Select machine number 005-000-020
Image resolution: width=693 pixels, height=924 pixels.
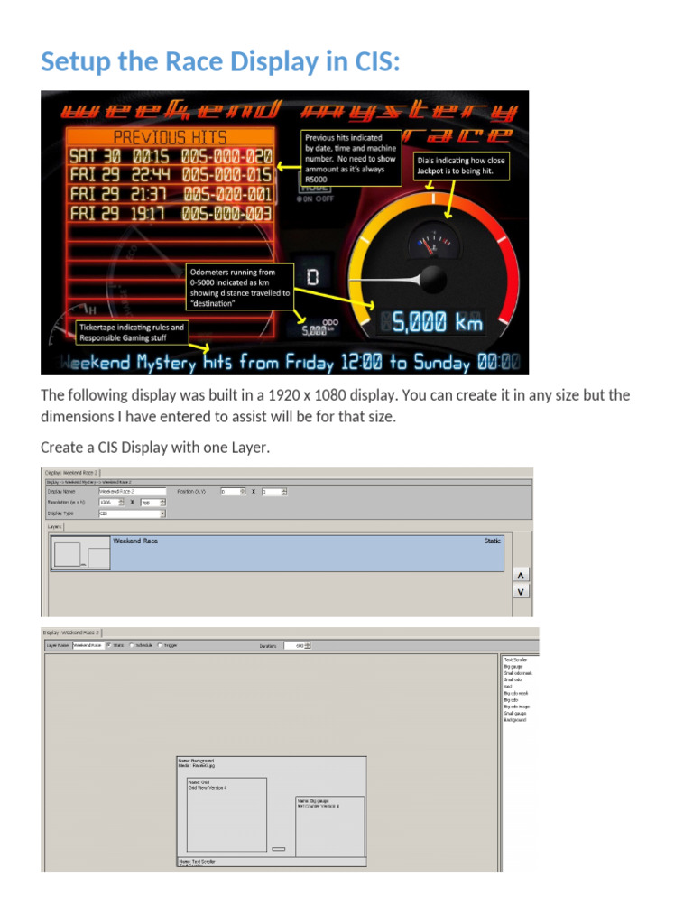(226, 156)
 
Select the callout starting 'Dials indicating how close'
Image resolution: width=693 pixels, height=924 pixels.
(461, 164)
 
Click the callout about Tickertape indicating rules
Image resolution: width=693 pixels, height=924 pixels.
(132, 332)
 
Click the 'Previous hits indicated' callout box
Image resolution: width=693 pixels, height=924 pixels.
(349, 157)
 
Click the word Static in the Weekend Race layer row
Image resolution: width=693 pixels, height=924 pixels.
(492, 541)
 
